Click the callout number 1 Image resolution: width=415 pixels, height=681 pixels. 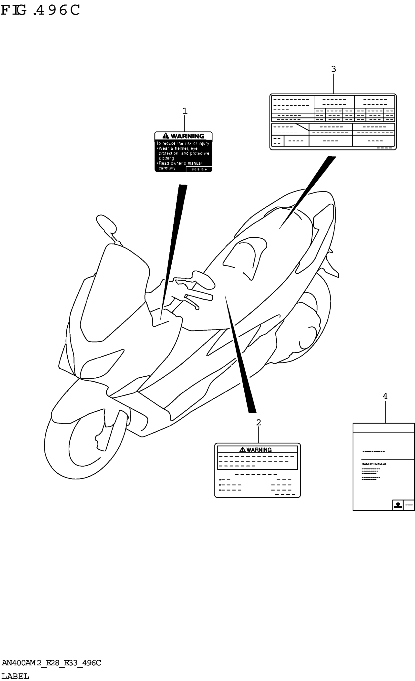click(185, 111)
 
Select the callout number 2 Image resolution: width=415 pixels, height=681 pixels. click(258, 423)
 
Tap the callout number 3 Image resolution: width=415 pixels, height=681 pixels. click(333, 69)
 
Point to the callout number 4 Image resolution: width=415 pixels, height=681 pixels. click(385, 396)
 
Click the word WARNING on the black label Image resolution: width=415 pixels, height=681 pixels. click(188, 136)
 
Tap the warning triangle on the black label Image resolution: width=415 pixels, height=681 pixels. click(166, 136)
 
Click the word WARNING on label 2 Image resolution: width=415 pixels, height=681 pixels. click(259, 450)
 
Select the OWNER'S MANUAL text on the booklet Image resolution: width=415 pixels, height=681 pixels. click(374, 464)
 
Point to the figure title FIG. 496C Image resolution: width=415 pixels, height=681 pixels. click(40, 11)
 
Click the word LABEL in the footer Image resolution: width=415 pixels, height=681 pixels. click(15, 676)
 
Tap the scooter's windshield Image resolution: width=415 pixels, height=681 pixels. click(116, 290)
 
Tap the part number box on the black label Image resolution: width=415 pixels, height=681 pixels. click(199, 169)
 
